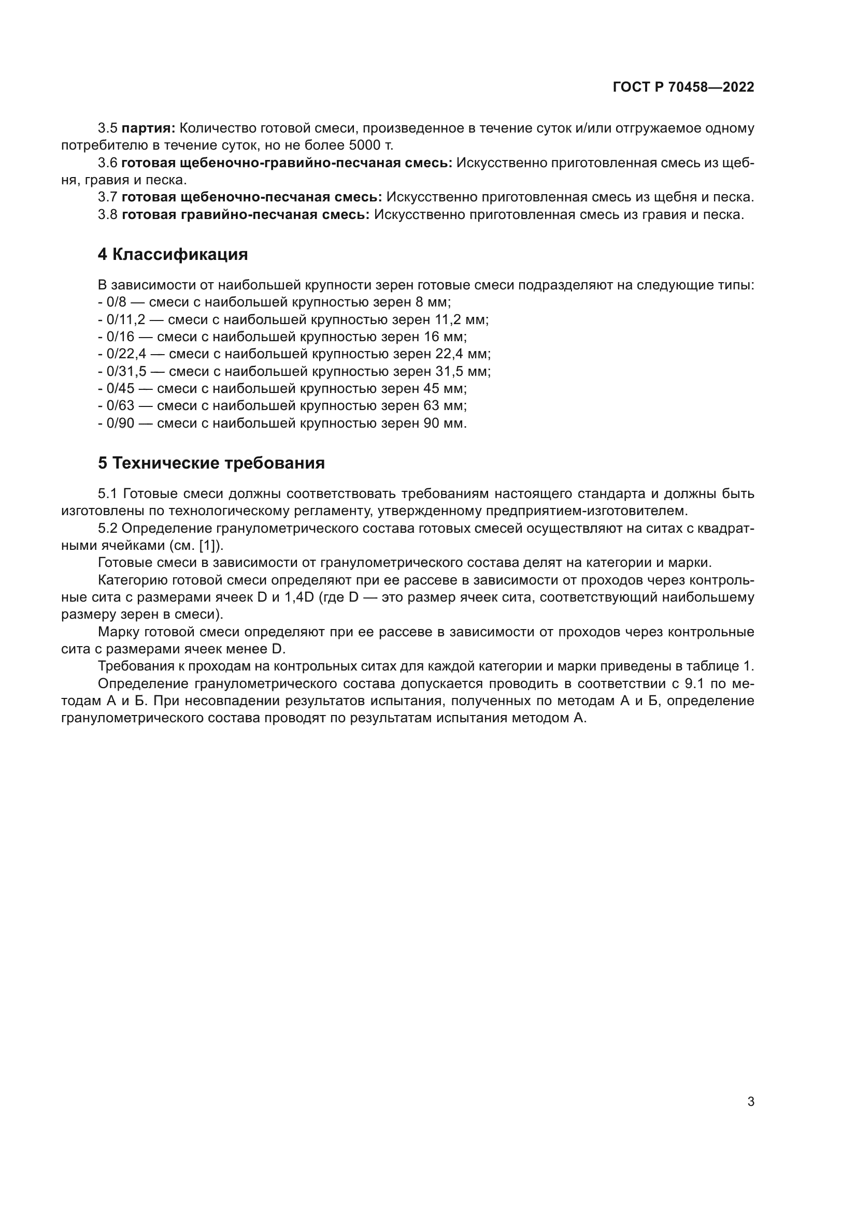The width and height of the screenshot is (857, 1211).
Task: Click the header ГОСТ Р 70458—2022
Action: point(683,87)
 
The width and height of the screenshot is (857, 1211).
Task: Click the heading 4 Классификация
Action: point(173,255)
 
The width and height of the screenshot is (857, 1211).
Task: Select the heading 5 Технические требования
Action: point(211,463)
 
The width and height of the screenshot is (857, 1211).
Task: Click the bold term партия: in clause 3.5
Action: point(148,128)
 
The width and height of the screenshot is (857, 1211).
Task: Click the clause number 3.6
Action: point(107,163)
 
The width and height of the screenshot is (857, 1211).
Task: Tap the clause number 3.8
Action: point(107,215)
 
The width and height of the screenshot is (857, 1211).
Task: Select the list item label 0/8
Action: point(117,302)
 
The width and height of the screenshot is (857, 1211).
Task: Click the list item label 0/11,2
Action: point(125,319)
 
